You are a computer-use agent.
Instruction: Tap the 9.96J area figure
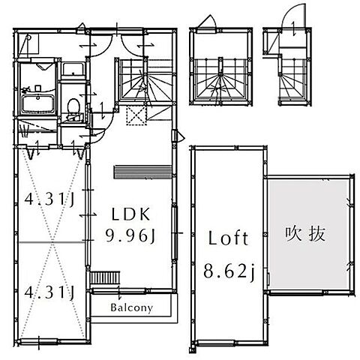(x=130, y=237)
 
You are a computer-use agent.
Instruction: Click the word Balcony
(x=132, y=307)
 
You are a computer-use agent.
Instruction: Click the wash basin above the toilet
(x=73, y=71)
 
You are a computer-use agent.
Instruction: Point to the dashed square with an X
(x=136, y=115)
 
